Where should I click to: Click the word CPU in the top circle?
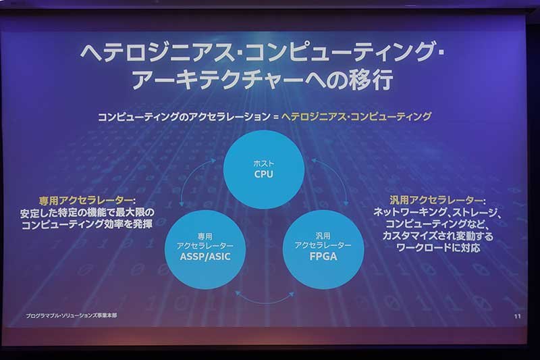[x=263, y=174]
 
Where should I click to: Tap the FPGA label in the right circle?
[x=323, y=257]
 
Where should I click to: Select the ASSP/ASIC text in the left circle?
[x=205, y=257]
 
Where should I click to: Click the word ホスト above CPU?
[x=264, y=163]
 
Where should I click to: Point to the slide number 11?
[x=517, y=316]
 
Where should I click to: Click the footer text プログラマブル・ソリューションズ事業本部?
[x=72, y=315]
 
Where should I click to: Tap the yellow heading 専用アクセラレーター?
[x=86, y=201]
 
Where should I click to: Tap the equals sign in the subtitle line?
[x=275, y=117]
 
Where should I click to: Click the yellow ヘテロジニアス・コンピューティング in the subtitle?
[x=356, y=116]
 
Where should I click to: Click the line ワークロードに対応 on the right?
[x=437, y=248]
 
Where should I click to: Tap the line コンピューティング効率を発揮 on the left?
[x=87, y=225]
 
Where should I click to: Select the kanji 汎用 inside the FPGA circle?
[x=323, y=236]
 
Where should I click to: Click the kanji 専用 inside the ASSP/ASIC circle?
[x=205, y=236]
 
